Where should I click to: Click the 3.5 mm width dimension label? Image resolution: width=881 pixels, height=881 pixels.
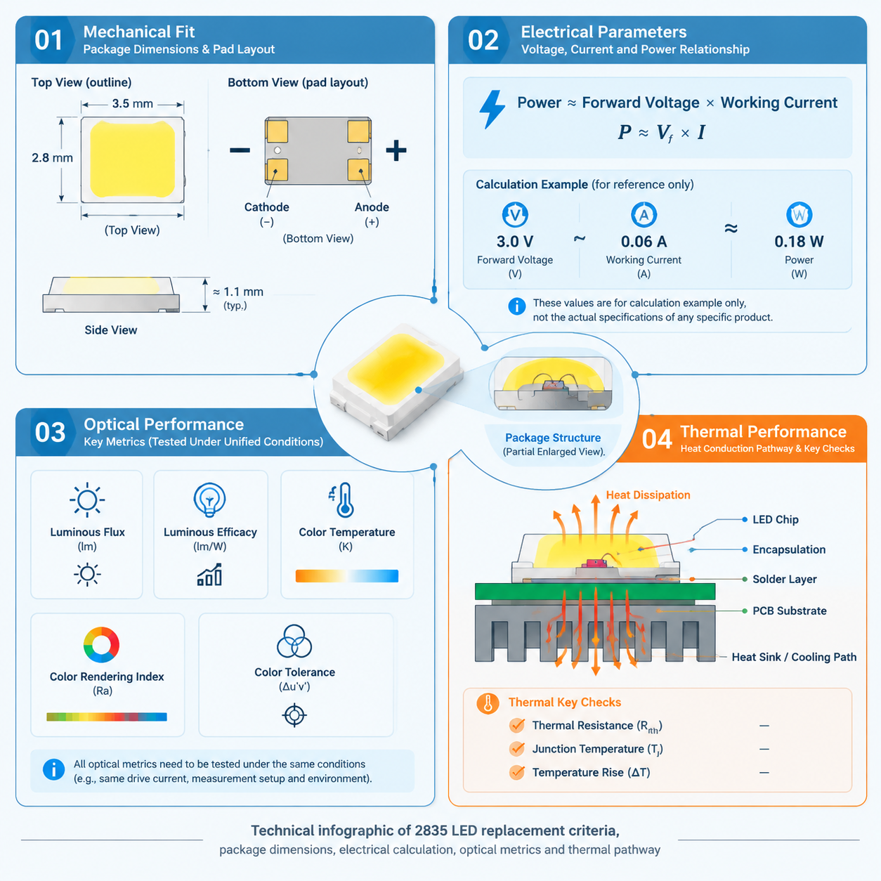(133, 104)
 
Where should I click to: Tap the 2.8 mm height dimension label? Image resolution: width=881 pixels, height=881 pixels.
(52, 158)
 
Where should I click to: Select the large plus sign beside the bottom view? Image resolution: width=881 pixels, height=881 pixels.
(396, 150)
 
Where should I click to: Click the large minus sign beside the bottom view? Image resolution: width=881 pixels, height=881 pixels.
(240, 150)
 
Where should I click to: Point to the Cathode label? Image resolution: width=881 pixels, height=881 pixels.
(266, 207)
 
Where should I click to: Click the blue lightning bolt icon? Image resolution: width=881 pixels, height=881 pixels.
(492, 110)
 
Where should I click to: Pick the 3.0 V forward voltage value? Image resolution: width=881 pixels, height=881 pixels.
(515, 242)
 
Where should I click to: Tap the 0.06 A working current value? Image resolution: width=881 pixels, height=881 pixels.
(644, 242)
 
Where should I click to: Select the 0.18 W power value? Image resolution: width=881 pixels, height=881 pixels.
(799, 242)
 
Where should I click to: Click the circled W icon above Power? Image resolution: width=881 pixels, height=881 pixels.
(800, 214)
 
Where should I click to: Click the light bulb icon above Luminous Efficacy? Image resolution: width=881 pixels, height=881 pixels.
(209, 500)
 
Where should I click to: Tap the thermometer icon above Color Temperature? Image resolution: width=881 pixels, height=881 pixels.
(344, 500)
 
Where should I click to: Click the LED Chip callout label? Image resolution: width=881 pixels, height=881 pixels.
(776, 519)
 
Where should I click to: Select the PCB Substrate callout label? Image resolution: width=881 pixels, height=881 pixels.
(790, 611)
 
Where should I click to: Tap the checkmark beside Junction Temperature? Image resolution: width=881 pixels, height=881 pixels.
(517, 748)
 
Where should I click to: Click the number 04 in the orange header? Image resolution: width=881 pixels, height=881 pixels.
(656, 439)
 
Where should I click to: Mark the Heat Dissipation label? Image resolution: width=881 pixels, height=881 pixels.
(648, 495)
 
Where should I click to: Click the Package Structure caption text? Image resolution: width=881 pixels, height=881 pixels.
(553, 438)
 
